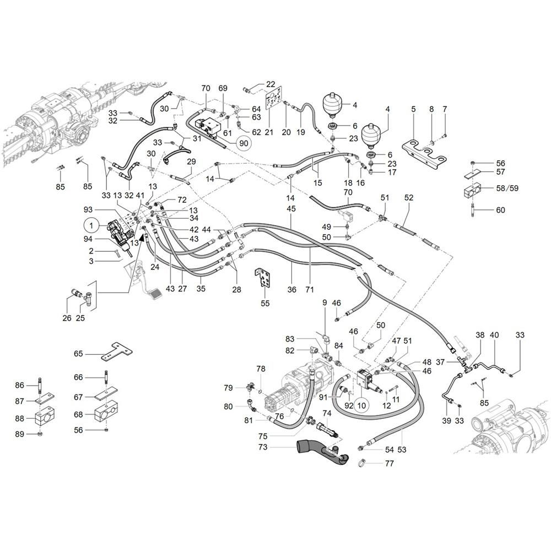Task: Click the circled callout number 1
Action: pos(91,225)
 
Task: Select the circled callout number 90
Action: pos(243,143)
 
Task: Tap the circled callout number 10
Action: pos(361,406)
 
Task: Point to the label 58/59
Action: pos(507,188)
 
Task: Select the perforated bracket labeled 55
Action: pos(263,278)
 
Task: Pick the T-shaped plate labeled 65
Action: pos(117,352)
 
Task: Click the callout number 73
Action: pos(263,447)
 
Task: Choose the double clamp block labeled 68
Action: pos(106,414)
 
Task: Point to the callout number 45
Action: pos(291,209)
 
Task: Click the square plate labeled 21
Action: pos(274,98)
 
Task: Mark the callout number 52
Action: pos(409,197)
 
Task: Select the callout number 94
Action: pos(88,239)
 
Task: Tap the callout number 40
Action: pos(494,335)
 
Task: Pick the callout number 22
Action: pos(271,84)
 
